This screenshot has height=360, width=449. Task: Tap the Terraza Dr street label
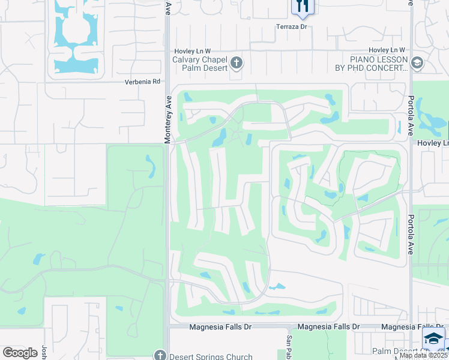click(291, 27)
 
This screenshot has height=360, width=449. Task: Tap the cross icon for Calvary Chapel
click(236, 62)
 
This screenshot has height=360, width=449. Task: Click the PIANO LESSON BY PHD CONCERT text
click(371, 64)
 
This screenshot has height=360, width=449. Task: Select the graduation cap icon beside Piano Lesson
click(417, 62)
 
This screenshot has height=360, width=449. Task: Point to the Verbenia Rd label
click(143, 82)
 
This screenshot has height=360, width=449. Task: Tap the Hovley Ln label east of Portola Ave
click(438, 143)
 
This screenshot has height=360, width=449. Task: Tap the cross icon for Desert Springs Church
click(159, 355)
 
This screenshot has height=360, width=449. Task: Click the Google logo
click(20, 352)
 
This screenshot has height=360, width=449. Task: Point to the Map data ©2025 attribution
click(424, 355)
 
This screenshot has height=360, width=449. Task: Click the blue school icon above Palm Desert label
click(433, 338)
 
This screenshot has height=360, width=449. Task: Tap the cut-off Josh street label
click(44, 352)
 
